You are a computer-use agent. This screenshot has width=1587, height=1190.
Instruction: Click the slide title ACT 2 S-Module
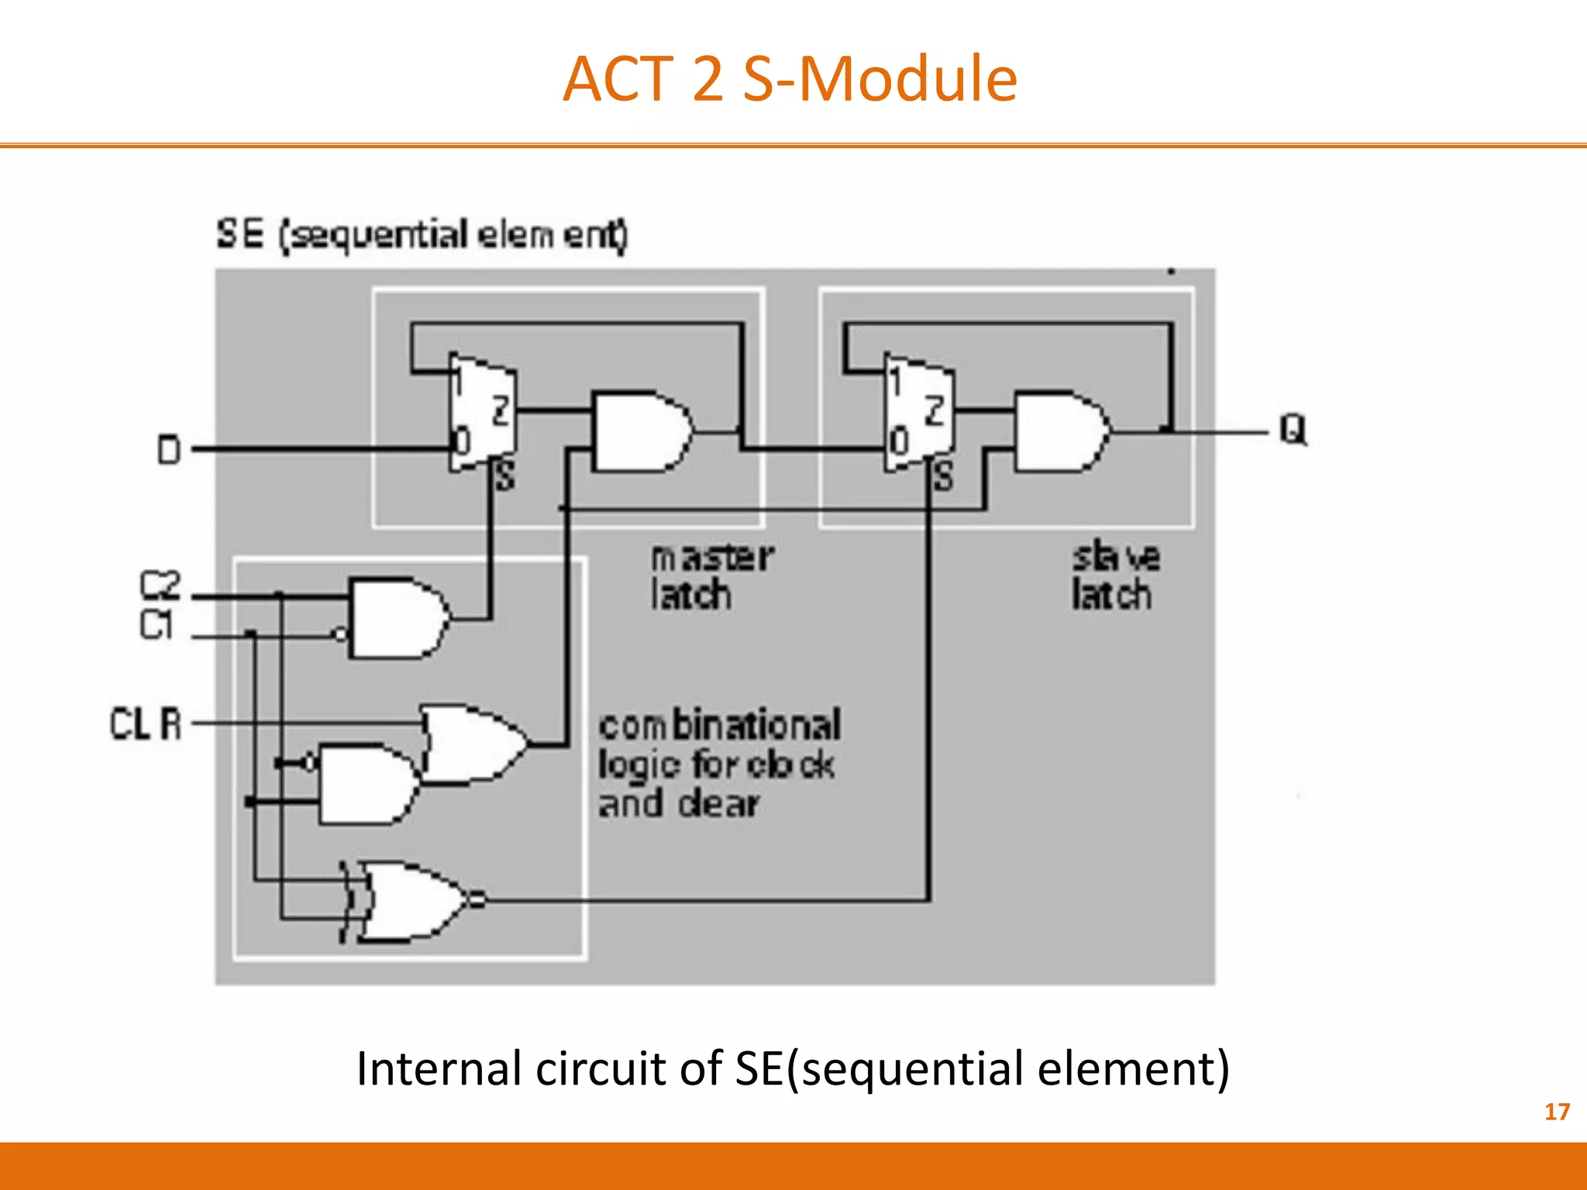(x=790, y=79)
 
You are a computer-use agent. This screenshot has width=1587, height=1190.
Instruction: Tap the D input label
(x=169, y=449)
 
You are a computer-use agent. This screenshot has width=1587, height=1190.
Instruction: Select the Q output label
(x=1293, y=429)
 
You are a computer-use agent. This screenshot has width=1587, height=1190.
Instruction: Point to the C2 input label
(x=160, y=586)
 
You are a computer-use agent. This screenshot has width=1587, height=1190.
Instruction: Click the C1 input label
(x=156, y=624)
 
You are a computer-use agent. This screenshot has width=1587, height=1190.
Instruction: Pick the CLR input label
(x=146, y=724)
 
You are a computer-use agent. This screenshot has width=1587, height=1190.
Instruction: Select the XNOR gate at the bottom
(x=411, y=901)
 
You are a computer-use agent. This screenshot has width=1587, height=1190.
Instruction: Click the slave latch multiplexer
(x=918, y=414)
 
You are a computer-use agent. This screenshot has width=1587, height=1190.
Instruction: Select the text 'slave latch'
(x=1114, y=576)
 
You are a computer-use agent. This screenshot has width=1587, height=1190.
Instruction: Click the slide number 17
(x=1557, y=1112)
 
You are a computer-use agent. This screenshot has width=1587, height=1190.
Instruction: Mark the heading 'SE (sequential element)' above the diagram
(x=422, y=234)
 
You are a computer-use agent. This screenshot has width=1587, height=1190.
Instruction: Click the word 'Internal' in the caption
(x=439, y=1068)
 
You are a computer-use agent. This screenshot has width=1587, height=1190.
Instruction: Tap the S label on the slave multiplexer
(x=943, y=476)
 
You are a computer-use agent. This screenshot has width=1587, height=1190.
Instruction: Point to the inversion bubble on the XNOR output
(x=477, y=900)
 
